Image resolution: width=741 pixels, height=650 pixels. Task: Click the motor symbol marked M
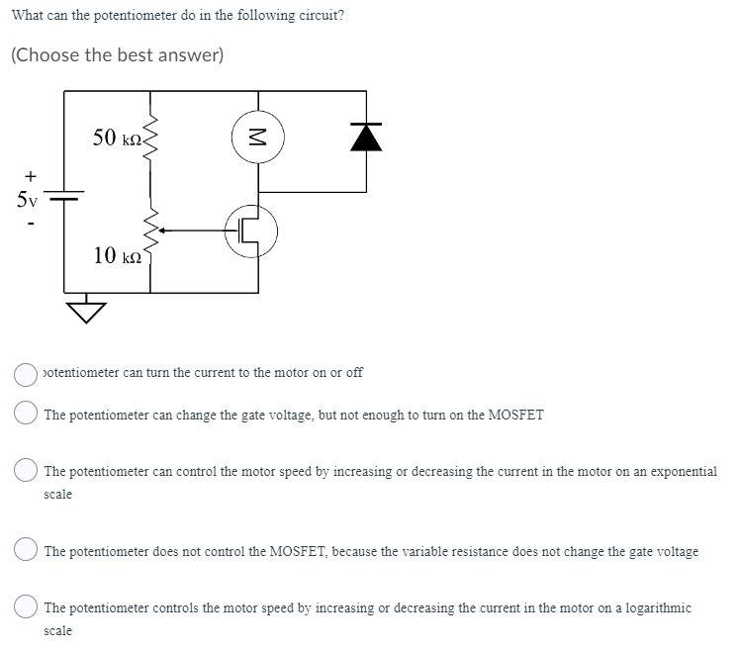[x=258, y=138]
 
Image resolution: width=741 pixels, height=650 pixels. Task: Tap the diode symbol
[x=367, y=139]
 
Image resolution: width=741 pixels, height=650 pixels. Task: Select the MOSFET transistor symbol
[x=251, y=232]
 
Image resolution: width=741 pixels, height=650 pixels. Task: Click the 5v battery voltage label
[x=27, y=199]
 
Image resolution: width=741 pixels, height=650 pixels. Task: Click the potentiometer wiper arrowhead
[x=162, y=232]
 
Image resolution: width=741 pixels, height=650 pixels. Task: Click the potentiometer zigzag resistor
[x=150, y=233]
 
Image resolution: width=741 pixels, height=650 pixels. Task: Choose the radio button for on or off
[x=26, y=373]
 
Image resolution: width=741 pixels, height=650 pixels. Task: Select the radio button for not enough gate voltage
[x=26, y=415]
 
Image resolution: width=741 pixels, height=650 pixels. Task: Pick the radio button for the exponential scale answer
[x=26, y=472]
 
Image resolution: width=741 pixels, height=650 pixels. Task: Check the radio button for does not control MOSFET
[x=26, y=551]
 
